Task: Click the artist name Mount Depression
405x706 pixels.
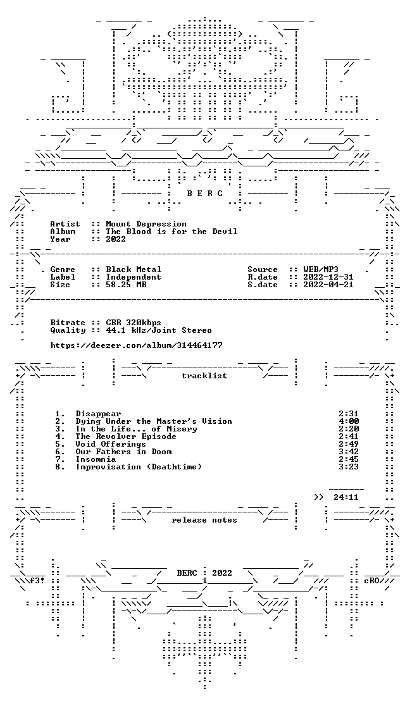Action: [146, 224]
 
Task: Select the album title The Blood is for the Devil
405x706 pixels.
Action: [171, 232]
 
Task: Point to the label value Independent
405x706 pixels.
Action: [134, 277]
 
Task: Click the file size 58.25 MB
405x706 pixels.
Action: [126, 285]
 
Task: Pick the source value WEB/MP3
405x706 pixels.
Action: [321, 269]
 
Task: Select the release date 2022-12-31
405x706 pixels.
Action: [328, 277]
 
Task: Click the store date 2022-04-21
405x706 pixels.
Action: [328, 285]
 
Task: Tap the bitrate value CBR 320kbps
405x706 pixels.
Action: [134, 323]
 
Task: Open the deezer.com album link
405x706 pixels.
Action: [136, 345]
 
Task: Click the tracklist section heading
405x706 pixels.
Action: [204, 376]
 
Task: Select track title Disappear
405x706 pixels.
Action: [98, 414]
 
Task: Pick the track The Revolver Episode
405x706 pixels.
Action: [126, 437]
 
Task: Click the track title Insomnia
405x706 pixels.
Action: [96, 459]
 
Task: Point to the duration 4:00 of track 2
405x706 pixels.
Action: [348, 421]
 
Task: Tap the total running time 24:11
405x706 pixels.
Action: [346, 497]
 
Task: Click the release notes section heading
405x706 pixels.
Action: [204, 520]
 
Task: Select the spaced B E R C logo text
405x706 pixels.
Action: [204, 194]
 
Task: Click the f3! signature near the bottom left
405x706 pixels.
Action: [37, 581]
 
